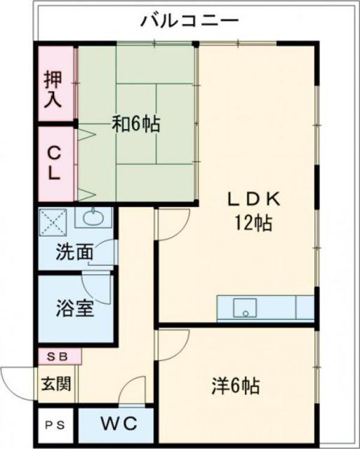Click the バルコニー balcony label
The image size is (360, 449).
click(x=189, y=21)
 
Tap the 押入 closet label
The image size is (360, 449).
click(x=53, y=89)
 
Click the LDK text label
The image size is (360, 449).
click(x=254, y=199)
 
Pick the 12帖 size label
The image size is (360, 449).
click(x=253, y=223)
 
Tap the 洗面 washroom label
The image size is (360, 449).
click(x=74, y=252)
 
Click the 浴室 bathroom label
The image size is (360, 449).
click(x=75, y=308)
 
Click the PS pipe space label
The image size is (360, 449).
click(x=55, y=425)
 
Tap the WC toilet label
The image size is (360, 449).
click(x=119, y=424)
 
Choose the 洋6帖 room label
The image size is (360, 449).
click(x=236, y=386)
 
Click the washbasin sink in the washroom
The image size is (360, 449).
click(x=93, y=217)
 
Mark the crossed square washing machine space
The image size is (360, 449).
click(x=53, y=222)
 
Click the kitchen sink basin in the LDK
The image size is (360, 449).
click(x=245, y=308)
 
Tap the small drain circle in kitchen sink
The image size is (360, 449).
click(x=246, y=314)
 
